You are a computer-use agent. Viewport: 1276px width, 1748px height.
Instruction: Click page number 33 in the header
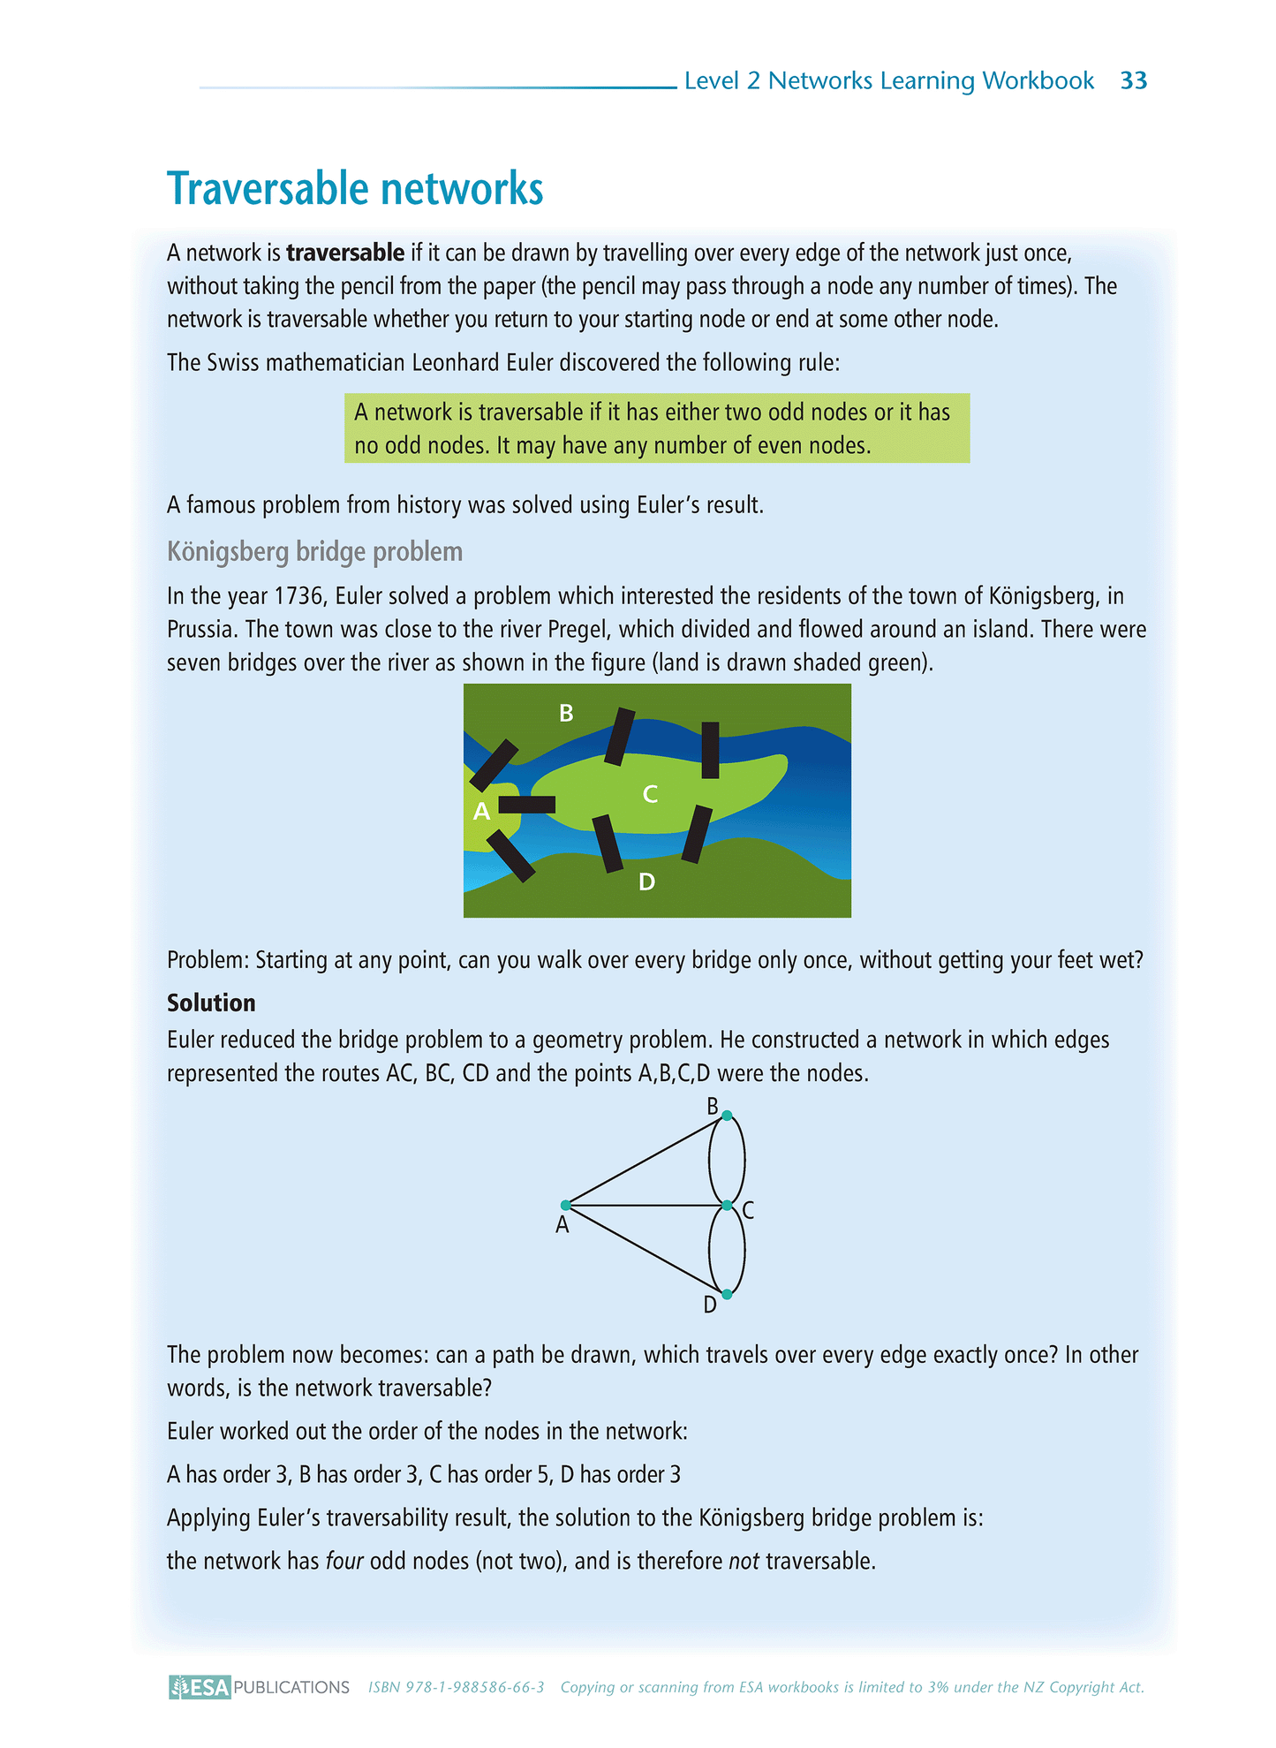coord(1133,81)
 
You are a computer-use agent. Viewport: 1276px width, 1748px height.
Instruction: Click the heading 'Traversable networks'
coord(355,189)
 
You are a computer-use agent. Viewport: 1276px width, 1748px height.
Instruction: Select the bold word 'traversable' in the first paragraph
coord(345,253)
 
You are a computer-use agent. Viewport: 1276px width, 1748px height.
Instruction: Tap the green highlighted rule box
coord(656,428)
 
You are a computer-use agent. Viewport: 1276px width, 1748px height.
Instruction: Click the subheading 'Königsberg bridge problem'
coord(314,552)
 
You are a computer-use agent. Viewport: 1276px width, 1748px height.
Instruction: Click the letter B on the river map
coord(566,713)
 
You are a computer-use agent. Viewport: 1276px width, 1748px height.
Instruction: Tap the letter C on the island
coord(650,794)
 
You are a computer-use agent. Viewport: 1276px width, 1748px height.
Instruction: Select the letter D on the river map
coord(646,882)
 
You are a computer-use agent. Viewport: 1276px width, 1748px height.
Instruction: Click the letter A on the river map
coord(481,812)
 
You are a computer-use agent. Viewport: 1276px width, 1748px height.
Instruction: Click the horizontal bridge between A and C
coord(527,805)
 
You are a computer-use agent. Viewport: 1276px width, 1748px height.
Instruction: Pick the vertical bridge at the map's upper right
coord(710,750)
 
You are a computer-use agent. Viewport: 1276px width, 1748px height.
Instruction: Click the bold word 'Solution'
coord(211,1003)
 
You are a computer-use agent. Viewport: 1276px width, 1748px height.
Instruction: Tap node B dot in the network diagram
coord(727,1116)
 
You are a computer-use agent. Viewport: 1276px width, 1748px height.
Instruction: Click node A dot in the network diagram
coord(565,1205)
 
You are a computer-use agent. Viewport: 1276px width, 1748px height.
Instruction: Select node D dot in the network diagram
coord(727,1294)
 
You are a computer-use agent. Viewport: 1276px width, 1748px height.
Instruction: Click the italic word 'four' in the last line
coord(344,1562)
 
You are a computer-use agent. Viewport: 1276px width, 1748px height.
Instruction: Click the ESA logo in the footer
coord(200,1687)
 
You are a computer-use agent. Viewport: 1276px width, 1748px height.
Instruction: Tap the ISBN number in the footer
coord(456,1687)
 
